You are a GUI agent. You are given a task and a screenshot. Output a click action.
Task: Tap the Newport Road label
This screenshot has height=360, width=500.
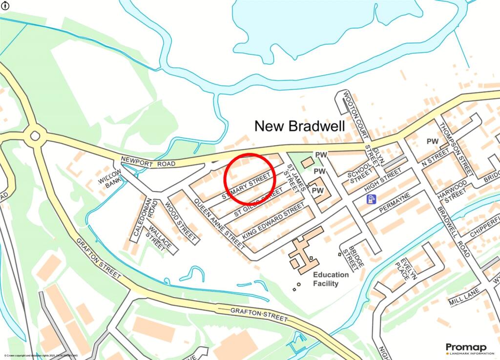click(x=148, y=161)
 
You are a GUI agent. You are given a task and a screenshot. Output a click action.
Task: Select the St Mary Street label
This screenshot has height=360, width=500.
click(x=246, y=186)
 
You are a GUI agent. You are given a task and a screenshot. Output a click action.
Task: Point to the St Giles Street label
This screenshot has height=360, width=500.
click(x=258, y=205)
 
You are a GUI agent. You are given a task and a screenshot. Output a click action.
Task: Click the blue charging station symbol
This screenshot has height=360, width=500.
click(x=372, y=199)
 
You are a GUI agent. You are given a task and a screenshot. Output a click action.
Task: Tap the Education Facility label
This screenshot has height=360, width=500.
click(x=331, y=279)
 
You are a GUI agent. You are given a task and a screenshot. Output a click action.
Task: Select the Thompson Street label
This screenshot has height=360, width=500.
click(x=456, y=147)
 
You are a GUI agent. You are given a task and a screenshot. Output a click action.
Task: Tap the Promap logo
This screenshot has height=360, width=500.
click(x=467, y=349)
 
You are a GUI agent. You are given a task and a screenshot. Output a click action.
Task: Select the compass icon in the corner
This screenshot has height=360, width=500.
click(x=6, y=6)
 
